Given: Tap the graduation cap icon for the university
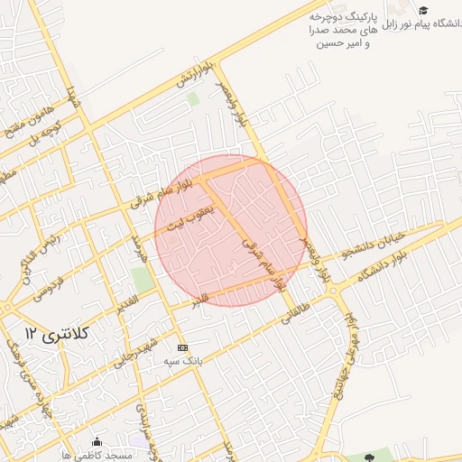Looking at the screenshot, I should (x=423, y=10).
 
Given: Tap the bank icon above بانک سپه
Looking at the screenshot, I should (x=183, y=347).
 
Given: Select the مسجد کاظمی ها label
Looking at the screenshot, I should (x=97, y=455).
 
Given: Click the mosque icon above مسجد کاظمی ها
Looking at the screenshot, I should (x=97, y=441).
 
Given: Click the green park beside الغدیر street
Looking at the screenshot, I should (x=141, y=280).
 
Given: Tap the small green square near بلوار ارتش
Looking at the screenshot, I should (x=191, y=98).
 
